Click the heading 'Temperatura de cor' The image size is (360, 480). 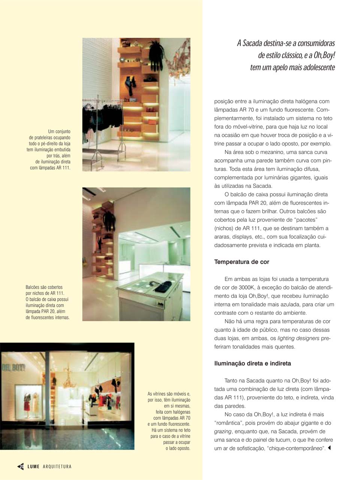click(241, 262)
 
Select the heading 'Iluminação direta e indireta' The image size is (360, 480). click(252, 363)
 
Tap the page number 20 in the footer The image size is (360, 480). click(21, 467)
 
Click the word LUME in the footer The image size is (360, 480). click(33, 467)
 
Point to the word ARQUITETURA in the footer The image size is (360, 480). click(57, 467)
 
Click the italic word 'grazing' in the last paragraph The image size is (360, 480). click(223, 431)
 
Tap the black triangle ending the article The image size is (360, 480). click(330, 448)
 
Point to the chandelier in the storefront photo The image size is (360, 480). click(68, 378)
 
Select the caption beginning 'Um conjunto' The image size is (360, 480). click(49, 150)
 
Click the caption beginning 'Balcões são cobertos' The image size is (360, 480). click(48, 302)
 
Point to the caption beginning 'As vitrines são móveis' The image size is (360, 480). click(169, 421)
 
